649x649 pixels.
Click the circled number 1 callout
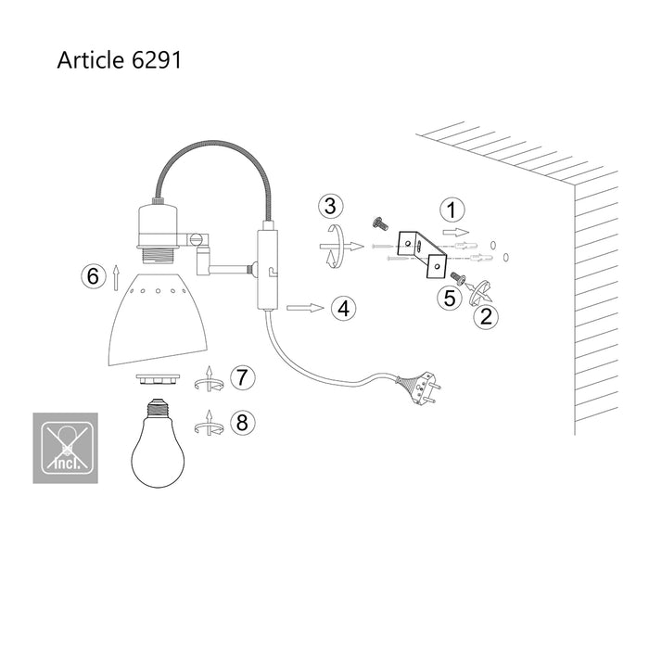point(451,210)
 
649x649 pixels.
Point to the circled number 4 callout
point(344,308)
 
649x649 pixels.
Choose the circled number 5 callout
point(451,298)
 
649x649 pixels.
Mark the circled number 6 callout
point(91,276)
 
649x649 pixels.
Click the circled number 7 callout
point(241,376)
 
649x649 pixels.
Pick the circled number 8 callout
point(241,423)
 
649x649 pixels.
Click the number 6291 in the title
point(156,60)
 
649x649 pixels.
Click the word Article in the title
point(89,60)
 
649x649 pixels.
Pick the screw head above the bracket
point(377,223)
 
